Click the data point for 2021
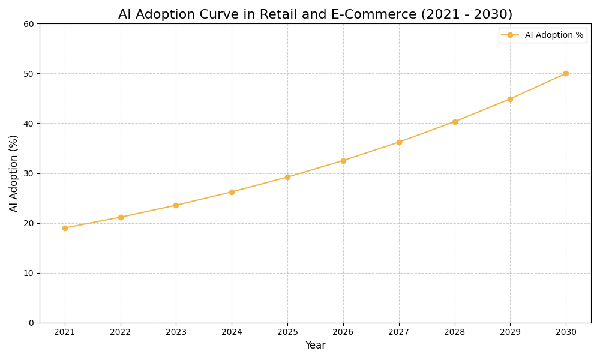pyautogui.click(x=65, y=228)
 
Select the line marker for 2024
pyautogui.click(x=232, y=192)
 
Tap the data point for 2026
pyautogui.click(x=343, y=161)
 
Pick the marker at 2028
pyautogui.click(x=455, y=122)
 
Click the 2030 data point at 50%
pyautogui.click(x=566, y=73)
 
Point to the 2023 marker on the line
pyautogui.click(x=176, y=205)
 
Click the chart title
pyautogui.click(x=315, y=14)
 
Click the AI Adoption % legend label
pyautogui.click(x=554, y=35)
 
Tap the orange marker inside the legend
pyautogui.click(x=510, y=35)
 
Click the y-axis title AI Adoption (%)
pyautogui.click(x=14, y=173)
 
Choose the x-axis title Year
pyautogui.click(x=315, y=346)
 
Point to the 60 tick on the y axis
pyautogui.click(x=29, y=24)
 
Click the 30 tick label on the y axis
pyautogui.click(x=29, y=173)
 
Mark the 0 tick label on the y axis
pyautogui.click(x=31, y=323)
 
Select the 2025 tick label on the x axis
pyautogui.click(x=287, y=332)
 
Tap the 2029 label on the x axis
pyautogui.click(x=510, y=332)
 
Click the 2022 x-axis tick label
pyautogui.click(x=121, y=332)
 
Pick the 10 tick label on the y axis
pyautogui.click(x=29, y=273)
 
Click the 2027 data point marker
pyautogui.click(x=399, y=142)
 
